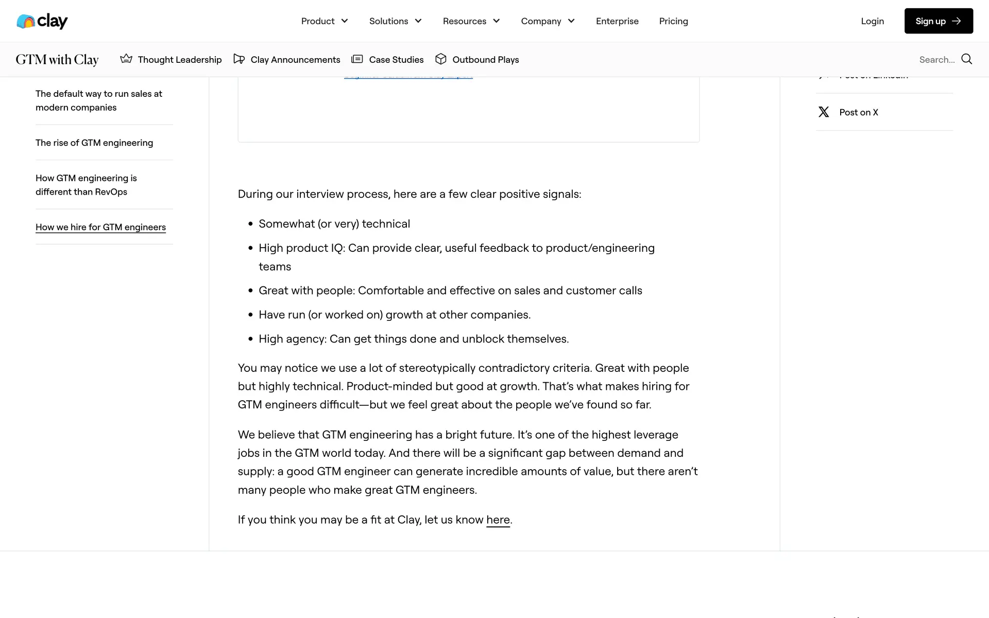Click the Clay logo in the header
click(x=42, y=21)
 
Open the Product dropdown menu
click(x=325, y=21)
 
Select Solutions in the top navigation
click(x=395, y=21)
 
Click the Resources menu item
click(x=471, y=21)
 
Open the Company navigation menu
click(x=548, y=21)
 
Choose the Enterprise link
click(x=617, y=21)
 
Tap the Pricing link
click(x=673, y=21)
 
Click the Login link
click(x=872, y=21)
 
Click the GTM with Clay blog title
click(x=57, y=60)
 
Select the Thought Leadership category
click(x=171, y=60)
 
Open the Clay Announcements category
click(x=287, y=60)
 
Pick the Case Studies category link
click(x=387, y=60)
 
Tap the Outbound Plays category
click(x=477, y=60)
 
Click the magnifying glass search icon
click(x=967, y=59)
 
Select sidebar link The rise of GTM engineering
click(x=94, y=143)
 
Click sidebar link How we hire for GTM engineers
click(x=100, y=227)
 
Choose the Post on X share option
click(x=858, y=112)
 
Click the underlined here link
click(x=498, y=520)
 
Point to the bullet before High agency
click(x=251, y=339)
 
